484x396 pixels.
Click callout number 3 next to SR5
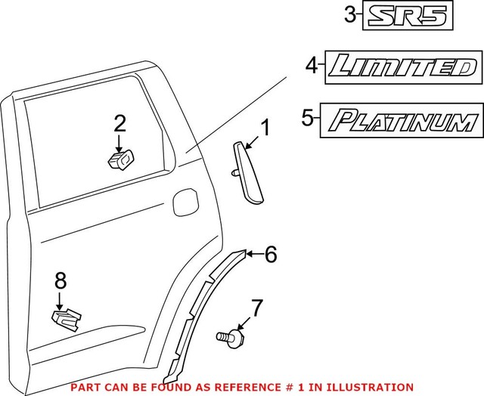point(349,14)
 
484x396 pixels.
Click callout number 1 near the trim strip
point(265,126)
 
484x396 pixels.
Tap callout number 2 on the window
point(119,123)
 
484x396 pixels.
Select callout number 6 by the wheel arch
point(270,255)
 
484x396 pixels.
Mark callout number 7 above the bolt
point(257,308)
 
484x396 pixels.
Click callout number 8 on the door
point(60,281)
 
